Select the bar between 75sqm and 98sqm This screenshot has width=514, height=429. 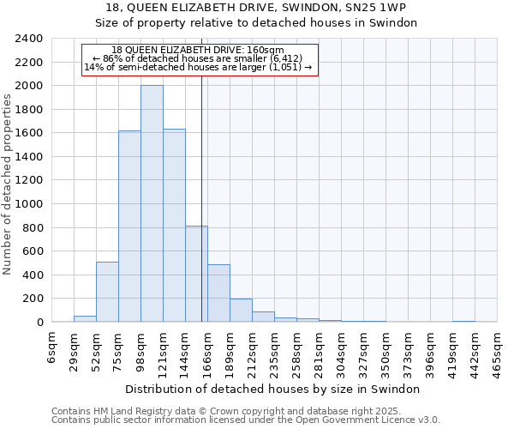point(129,227)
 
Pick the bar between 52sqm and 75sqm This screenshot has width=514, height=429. point(107,292)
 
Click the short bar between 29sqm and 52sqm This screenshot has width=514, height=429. point(85,318)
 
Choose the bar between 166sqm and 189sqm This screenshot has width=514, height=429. point(218,293)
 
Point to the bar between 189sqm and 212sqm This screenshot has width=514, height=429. point(241,311)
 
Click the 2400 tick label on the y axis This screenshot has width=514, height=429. point(29,39)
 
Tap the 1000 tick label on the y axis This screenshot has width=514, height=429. point(29,204)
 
